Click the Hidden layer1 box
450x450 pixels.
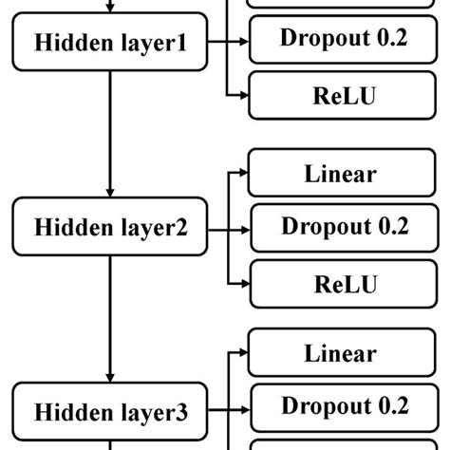[x=110, y=42]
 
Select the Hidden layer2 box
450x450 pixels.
[x=110, y=228]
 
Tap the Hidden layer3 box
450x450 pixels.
[x=110, y=413]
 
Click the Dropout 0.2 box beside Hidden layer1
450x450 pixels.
[x=343, y=39]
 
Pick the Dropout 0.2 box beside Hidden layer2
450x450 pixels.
[x=343, y=227]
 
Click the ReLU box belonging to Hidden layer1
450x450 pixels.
[x=343, y=95]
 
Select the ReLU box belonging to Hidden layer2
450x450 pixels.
[x=343, y=284]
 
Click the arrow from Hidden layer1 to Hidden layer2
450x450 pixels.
[x=110, y=133]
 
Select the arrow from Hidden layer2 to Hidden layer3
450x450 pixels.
[x=110, y=318]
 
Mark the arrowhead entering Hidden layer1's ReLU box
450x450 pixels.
[x=241, y=96]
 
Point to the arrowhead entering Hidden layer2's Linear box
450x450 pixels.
[x=241, y=174]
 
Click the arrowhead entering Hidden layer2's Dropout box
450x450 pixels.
[x=241, y=229]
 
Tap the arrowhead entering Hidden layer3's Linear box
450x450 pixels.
[x=241, y=353]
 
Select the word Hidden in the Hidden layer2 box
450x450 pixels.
[x=67, y=228]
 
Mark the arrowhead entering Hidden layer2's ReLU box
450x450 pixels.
[x=241, y=284]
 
